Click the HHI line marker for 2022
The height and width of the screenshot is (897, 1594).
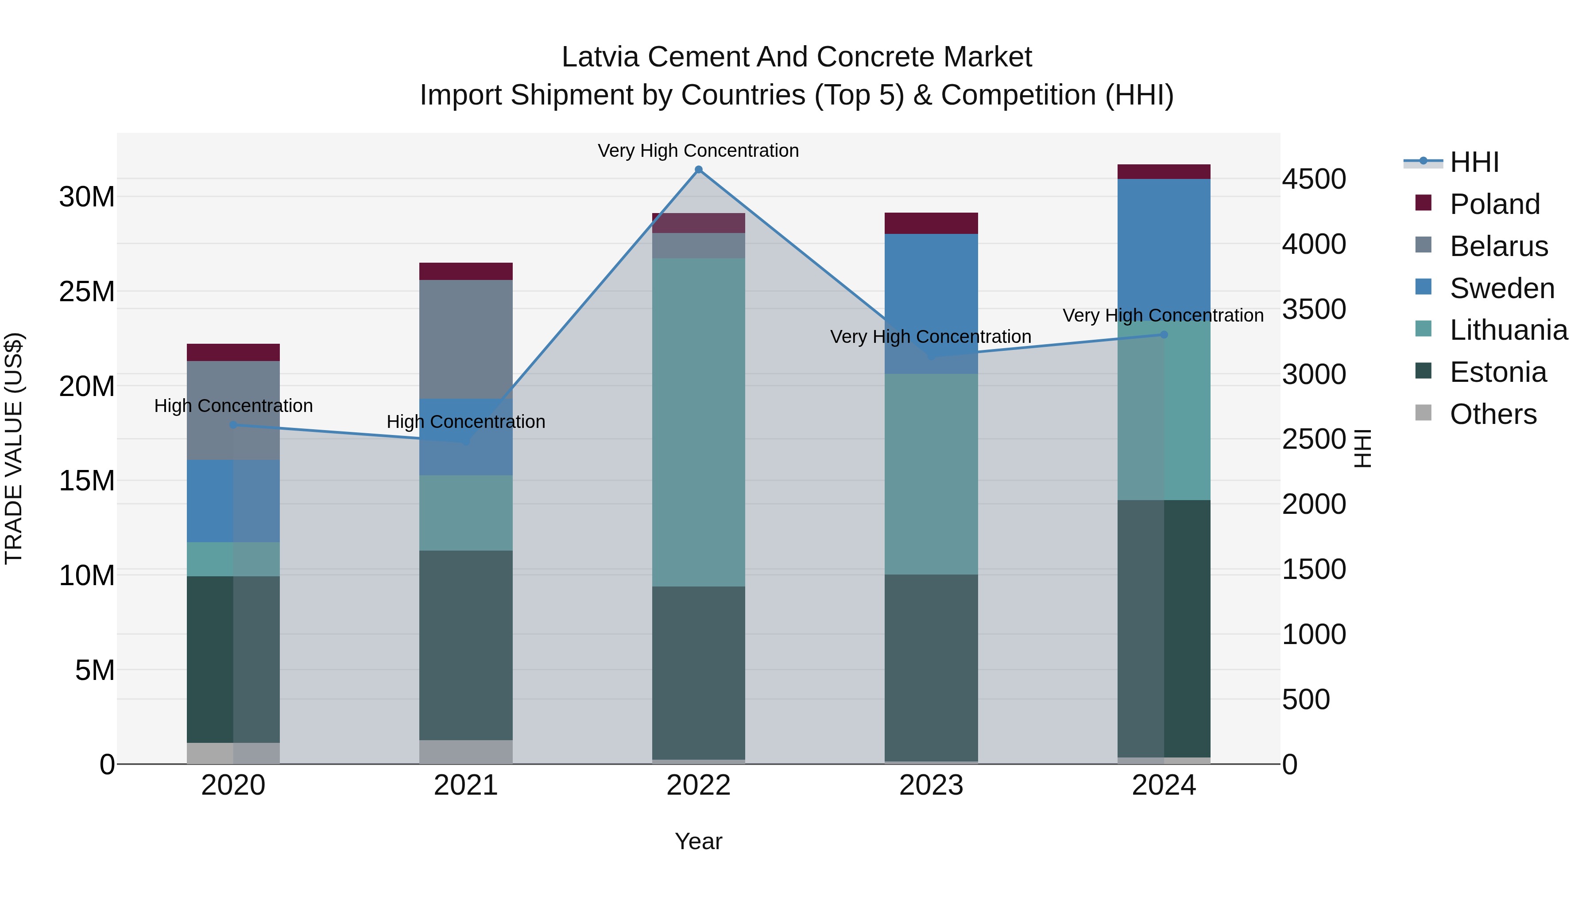tap(699, 170)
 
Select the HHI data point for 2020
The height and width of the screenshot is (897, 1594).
tap(233, 425)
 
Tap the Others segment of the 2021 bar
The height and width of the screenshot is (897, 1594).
tap(466, 752)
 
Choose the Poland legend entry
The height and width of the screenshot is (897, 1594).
tap(1494, 204)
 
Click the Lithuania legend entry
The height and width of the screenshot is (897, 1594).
tap(1508, 330)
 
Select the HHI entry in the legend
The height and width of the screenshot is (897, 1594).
tap(1474, 162)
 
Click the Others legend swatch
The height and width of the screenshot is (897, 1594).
tap(1423, 413)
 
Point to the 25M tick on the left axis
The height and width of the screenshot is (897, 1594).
tap(87, 291)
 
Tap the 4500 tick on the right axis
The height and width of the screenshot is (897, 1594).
tap(1314, 179)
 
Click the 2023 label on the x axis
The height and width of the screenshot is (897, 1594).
tap(931, 785)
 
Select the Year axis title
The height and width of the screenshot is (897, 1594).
tap(699, 841)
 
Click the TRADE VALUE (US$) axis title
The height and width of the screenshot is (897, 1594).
tap(14, 448)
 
